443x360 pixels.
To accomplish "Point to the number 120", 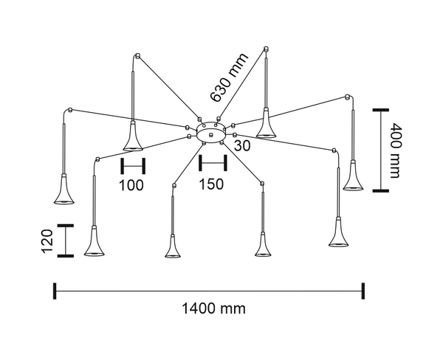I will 45,240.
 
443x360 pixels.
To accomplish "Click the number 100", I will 131,184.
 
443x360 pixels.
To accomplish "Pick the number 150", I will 211,184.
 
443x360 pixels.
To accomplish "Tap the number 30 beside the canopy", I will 242,146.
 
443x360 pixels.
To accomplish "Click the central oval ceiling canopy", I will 212,132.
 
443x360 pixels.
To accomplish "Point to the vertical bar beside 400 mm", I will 380,150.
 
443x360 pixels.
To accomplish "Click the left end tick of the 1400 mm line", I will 54,291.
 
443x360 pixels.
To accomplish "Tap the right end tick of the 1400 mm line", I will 363,291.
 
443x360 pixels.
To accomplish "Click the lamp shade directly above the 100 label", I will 133,137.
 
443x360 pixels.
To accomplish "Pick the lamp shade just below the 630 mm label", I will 267,127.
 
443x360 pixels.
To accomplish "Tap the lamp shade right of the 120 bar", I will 94,243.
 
